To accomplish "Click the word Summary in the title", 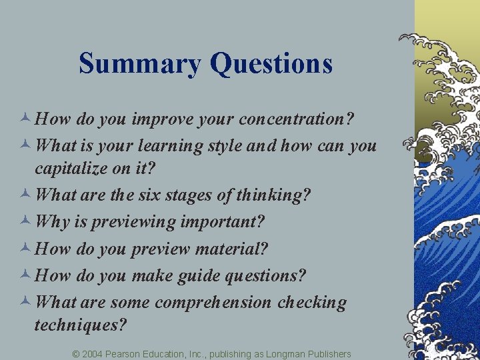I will (140, 64).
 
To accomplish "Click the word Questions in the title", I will (271, 64).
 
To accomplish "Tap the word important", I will (229, 221).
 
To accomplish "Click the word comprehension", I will (213, 302).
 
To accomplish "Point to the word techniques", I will (79, 325).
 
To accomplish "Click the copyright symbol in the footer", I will (76, 353).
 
